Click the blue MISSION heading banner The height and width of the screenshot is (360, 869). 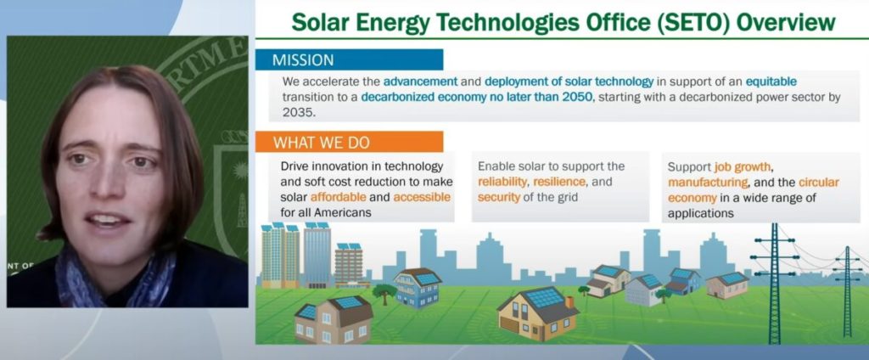(349, 60)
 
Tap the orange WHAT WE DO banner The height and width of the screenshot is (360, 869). (349, 142)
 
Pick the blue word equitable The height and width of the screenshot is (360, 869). (771, 82)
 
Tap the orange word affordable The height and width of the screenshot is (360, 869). (338, 198)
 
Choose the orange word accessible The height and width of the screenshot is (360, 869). (422, 198)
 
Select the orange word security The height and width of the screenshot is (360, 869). (499, 198)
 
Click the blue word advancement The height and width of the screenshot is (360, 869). (420, 82)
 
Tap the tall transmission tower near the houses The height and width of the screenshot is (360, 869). (774, 283)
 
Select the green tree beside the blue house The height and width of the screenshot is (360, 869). (384, 292)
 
